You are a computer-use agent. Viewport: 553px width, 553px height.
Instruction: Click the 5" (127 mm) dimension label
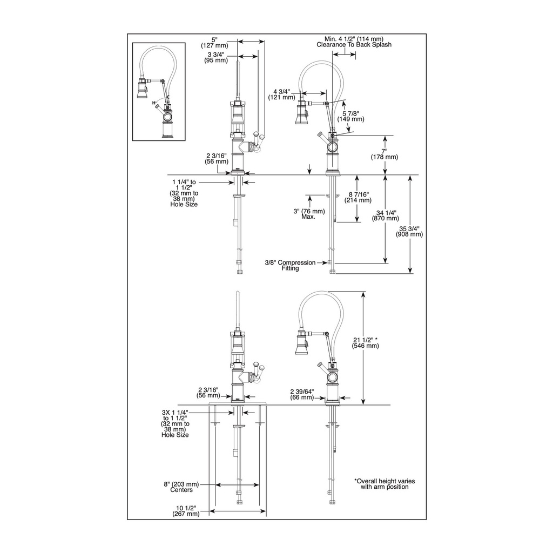coord(214,42)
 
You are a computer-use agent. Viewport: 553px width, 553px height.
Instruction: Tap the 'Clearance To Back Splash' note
coord(354,45)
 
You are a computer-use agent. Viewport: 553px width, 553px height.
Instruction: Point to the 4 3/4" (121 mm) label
coord(281,94)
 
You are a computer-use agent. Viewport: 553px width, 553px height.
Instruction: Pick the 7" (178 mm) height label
coord(384,154)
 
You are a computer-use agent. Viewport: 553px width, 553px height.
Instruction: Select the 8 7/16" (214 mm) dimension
coord(358,197)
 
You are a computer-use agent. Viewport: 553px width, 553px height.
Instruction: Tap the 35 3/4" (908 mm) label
coord(409,231)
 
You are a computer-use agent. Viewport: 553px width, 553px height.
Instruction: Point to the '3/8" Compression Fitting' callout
coord(290,265)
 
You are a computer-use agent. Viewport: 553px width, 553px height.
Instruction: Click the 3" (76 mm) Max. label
coord(309,214)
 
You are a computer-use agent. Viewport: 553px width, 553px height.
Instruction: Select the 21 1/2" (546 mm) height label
coord(366,343)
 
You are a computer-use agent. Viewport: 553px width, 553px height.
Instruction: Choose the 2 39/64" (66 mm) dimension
coord(302,394)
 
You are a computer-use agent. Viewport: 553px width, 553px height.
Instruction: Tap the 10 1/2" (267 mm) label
coord(186,511)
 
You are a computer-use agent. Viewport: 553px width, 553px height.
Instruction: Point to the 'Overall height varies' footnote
coord(385,484)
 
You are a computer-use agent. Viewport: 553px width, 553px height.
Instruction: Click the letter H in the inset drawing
coord(154,103)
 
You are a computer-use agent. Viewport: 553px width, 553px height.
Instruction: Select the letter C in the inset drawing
coord(168,97)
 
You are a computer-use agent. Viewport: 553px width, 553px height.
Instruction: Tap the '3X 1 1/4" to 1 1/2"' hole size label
coord(176,415)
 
